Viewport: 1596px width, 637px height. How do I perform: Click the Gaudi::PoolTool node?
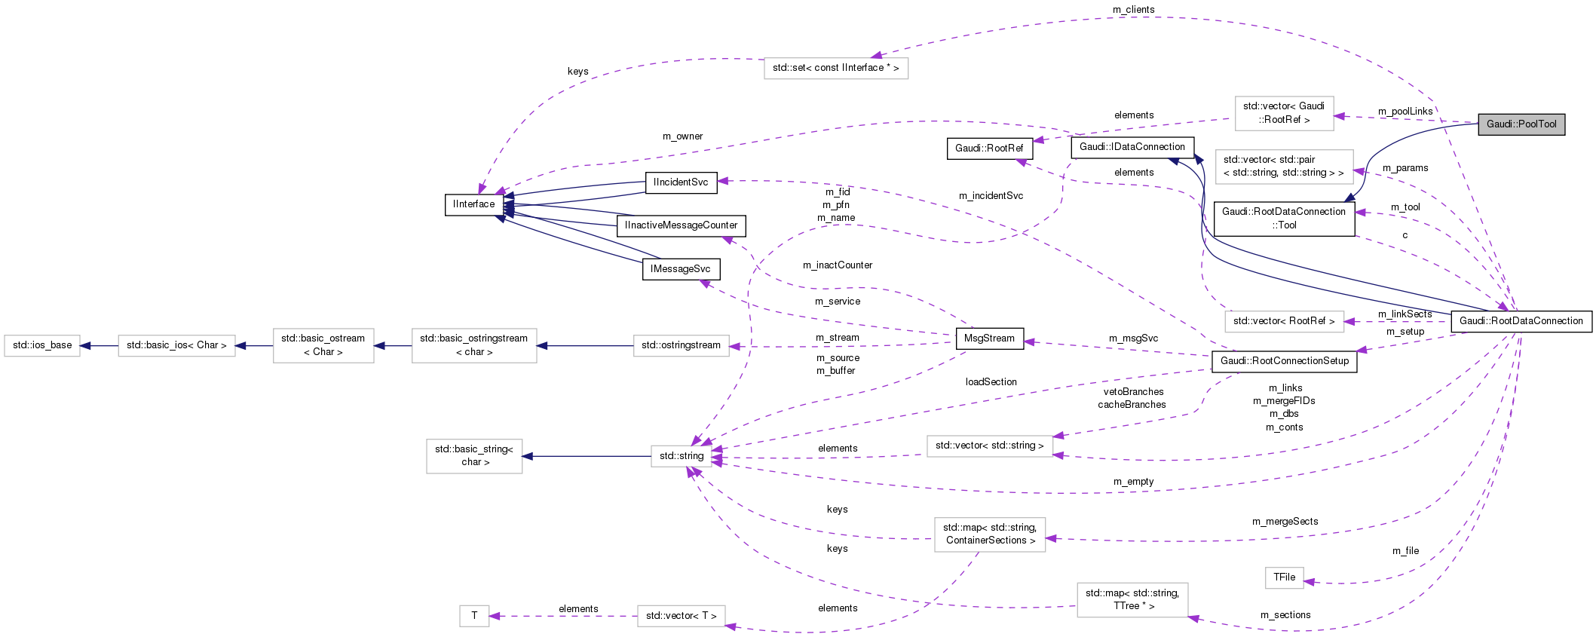point(1521,124)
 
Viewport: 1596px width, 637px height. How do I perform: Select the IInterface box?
point(474,204)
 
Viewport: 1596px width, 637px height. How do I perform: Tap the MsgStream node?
point(989,338)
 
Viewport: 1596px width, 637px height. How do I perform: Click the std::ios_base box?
point(42,345)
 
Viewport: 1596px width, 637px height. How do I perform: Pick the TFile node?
point(1284,577)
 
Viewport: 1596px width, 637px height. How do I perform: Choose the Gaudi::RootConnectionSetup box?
point(1284,361)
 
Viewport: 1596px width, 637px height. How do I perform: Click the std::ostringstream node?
point(681,345)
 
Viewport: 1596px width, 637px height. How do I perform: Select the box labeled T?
point(474,616)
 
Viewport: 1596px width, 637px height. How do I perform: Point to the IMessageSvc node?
point(680,269)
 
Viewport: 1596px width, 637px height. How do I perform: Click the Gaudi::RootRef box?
point(988,149)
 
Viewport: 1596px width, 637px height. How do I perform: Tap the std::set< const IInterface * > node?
point(835,68)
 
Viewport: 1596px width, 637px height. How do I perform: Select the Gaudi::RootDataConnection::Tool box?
point(1284,219)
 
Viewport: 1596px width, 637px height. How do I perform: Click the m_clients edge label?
point(1133,9)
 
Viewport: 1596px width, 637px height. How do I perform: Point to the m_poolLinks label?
point(1405,112)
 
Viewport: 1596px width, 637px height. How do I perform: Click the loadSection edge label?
point(991,382)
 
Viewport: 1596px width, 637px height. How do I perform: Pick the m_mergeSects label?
point(1285,522)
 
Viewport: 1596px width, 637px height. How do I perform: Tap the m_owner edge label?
point(682,136)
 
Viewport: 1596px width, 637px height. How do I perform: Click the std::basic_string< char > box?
point(474,455)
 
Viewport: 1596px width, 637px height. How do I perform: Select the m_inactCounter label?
point(837,265)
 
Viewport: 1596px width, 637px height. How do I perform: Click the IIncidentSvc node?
point(680,182)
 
